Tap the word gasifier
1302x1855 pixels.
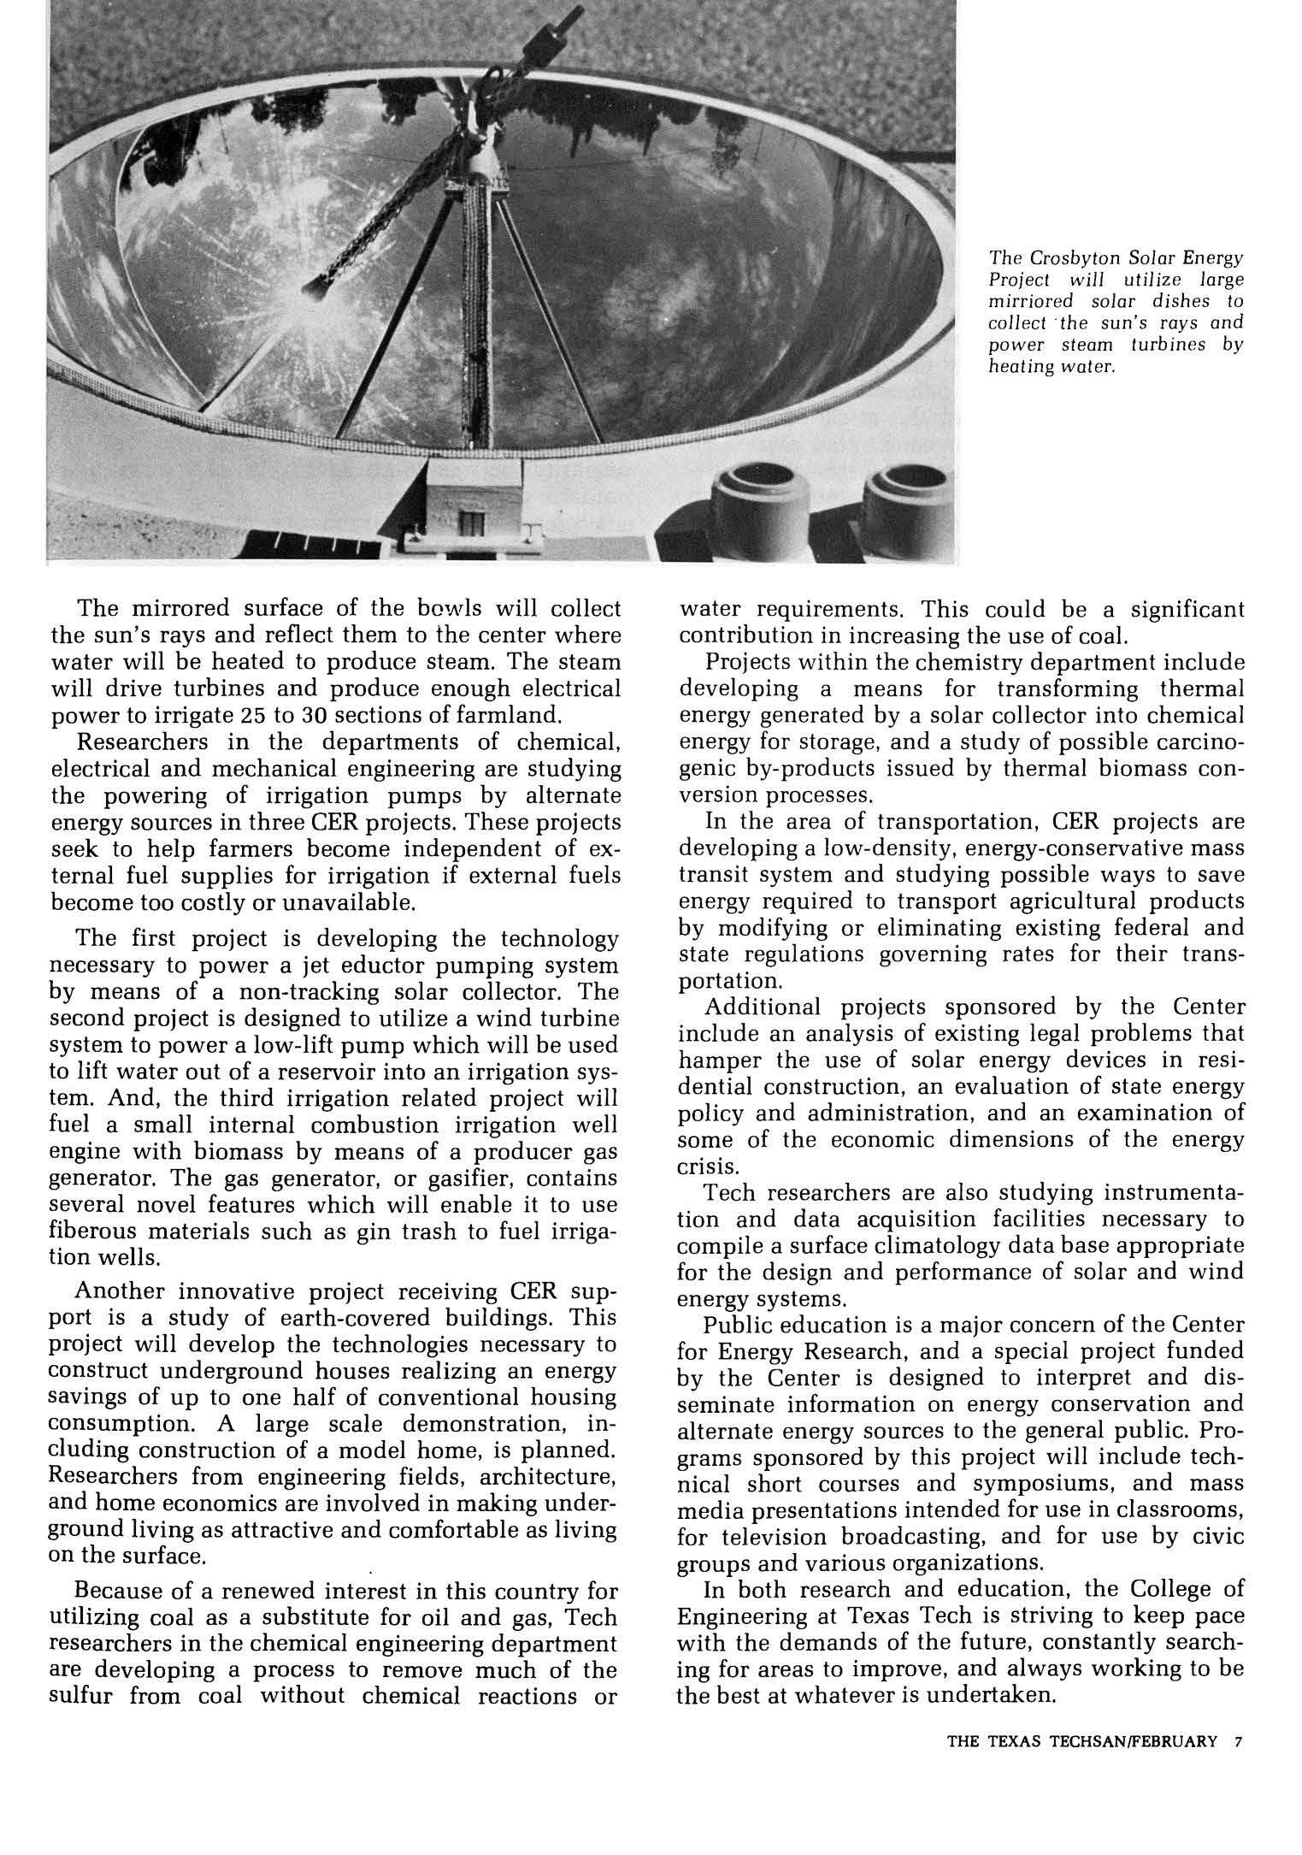pos(457,1178)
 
